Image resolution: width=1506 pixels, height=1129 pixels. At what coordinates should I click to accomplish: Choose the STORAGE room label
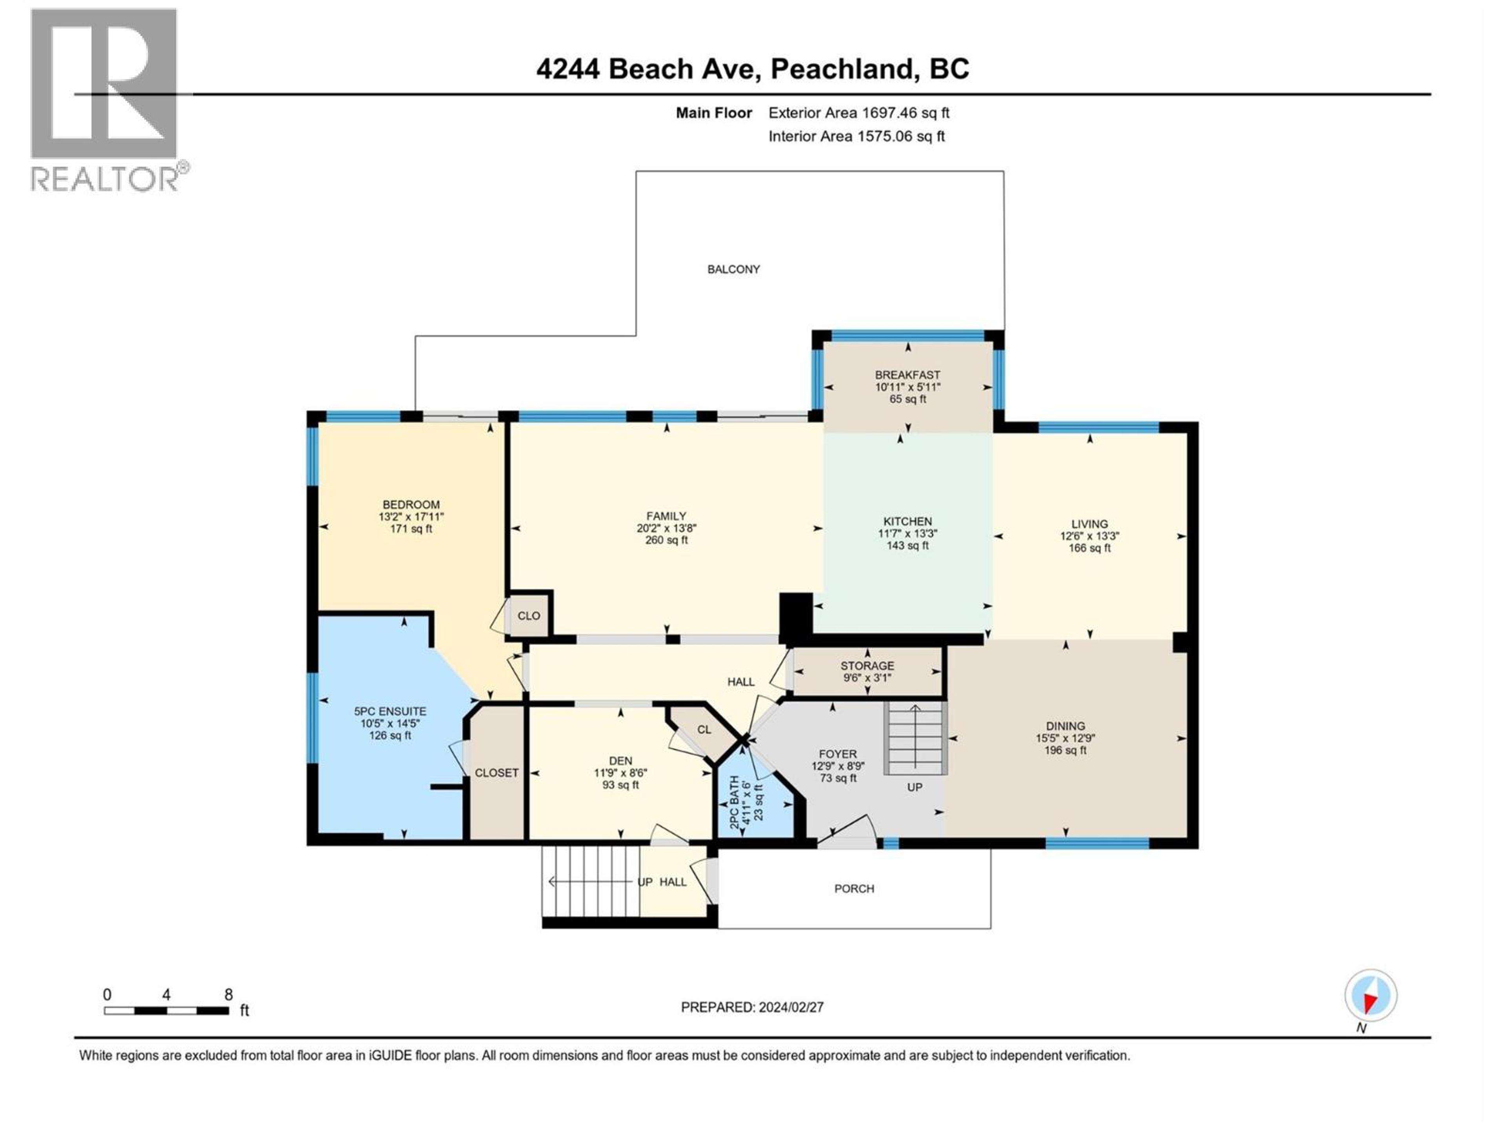(x=867, y=666)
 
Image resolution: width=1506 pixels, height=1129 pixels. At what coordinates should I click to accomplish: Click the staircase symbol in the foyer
(x=915, y=739)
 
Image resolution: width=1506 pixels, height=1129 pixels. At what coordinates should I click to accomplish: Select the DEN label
(x=620, y=761)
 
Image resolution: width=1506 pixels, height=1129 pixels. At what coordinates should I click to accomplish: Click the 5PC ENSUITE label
(x=390, y=711)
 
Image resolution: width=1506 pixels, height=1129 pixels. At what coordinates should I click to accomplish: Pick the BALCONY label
(x=733, y=269)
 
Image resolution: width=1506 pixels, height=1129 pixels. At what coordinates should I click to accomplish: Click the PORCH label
(x=854, y=889)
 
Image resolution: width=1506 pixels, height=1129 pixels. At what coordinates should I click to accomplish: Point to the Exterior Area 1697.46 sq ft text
(x=858, y=113)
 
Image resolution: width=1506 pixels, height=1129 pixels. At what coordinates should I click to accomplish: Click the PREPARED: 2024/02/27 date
(x=752, y=1007)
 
